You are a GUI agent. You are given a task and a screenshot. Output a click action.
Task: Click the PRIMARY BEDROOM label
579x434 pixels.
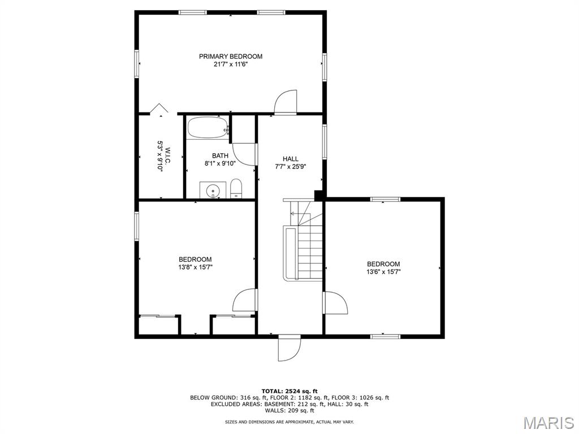tap(231, 57)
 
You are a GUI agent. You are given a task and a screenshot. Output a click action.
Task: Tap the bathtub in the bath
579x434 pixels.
tap(207, 128)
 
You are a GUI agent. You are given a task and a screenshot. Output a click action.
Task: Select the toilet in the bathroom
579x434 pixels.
tap(236, 188)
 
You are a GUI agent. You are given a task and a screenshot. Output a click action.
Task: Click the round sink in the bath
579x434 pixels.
tap(213, 191)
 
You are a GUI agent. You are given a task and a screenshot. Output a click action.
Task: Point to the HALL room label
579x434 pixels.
tap(291, 159)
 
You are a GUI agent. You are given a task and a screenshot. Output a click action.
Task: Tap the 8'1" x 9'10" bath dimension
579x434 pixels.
tap(220, 163)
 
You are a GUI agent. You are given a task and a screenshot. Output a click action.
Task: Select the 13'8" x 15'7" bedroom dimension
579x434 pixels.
tap(195, 267)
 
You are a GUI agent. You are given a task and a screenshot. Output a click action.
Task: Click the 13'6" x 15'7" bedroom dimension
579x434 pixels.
tap(384, 272)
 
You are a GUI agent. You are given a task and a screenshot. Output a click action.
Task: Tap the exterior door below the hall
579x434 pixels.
tap(289, 349)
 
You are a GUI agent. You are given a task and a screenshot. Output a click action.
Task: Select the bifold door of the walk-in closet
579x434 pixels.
tap(159, 108)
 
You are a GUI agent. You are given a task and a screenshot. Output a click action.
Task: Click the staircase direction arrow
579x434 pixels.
tap(294, 214)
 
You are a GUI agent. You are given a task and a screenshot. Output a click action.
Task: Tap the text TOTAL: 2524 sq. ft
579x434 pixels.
tap(289, 391)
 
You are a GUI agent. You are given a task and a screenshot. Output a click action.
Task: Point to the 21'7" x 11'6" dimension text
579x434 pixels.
tap(231, 64)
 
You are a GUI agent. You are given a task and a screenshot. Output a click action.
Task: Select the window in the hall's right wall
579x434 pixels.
tap(324, 142)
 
